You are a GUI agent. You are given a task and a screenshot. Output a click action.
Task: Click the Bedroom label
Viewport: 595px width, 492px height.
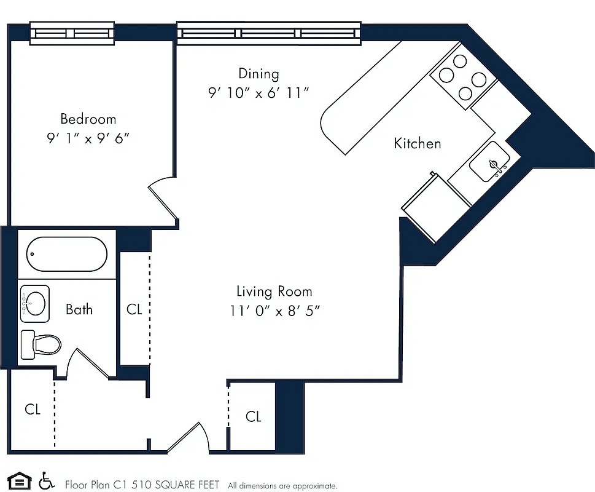pos(88,119)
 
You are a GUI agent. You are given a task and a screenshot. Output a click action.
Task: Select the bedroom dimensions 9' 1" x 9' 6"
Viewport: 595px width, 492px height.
pos(88,138)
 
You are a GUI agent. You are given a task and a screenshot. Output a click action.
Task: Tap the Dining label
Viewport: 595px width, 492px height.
pos(259,74)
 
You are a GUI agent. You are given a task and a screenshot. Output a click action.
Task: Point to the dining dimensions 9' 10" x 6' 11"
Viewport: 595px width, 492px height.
pos(258,93)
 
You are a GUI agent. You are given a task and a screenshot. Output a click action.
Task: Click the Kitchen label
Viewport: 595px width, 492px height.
pos(417,143)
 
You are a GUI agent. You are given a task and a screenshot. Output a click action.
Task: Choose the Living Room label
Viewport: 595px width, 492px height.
pos(274,292)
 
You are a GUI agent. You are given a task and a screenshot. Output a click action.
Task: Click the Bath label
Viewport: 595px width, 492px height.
pos(79,309)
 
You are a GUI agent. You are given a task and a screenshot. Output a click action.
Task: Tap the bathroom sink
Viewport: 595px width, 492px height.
pos(34,303)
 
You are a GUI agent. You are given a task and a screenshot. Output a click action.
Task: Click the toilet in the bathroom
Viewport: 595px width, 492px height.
pos(41,343)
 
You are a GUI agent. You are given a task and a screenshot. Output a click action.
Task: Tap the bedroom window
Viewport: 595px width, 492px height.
pos(72,33)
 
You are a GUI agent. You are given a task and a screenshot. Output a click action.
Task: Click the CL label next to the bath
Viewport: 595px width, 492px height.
pos(134,309)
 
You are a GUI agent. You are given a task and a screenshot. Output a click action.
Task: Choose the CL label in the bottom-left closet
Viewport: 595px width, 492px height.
pos(33,409)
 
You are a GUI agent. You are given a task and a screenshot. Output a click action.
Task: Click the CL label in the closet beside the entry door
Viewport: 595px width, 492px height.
pos(254,417)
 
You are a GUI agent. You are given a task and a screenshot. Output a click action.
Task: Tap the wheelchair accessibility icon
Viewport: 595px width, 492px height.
pos(46,480)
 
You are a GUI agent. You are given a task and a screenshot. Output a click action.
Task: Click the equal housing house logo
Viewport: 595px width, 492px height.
pos(18,480)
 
